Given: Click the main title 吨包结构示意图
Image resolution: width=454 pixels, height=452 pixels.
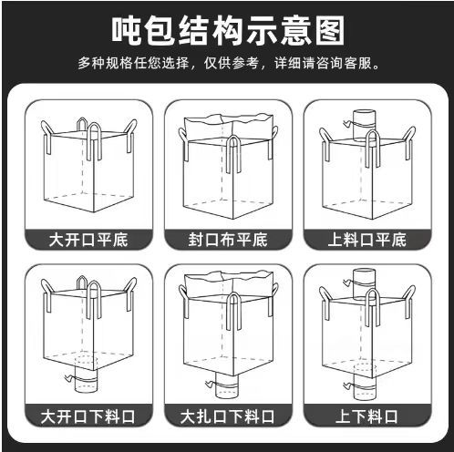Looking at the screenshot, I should click(x=228, y=30).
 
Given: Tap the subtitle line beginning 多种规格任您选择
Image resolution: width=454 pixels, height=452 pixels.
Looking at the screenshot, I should click(x=227, y=65).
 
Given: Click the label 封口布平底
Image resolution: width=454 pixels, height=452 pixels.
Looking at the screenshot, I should click(x=228, y=241).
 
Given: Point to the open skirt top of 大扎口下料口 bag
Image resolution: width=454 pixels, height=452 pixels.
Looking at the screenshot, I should click(x=228, y=284).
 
